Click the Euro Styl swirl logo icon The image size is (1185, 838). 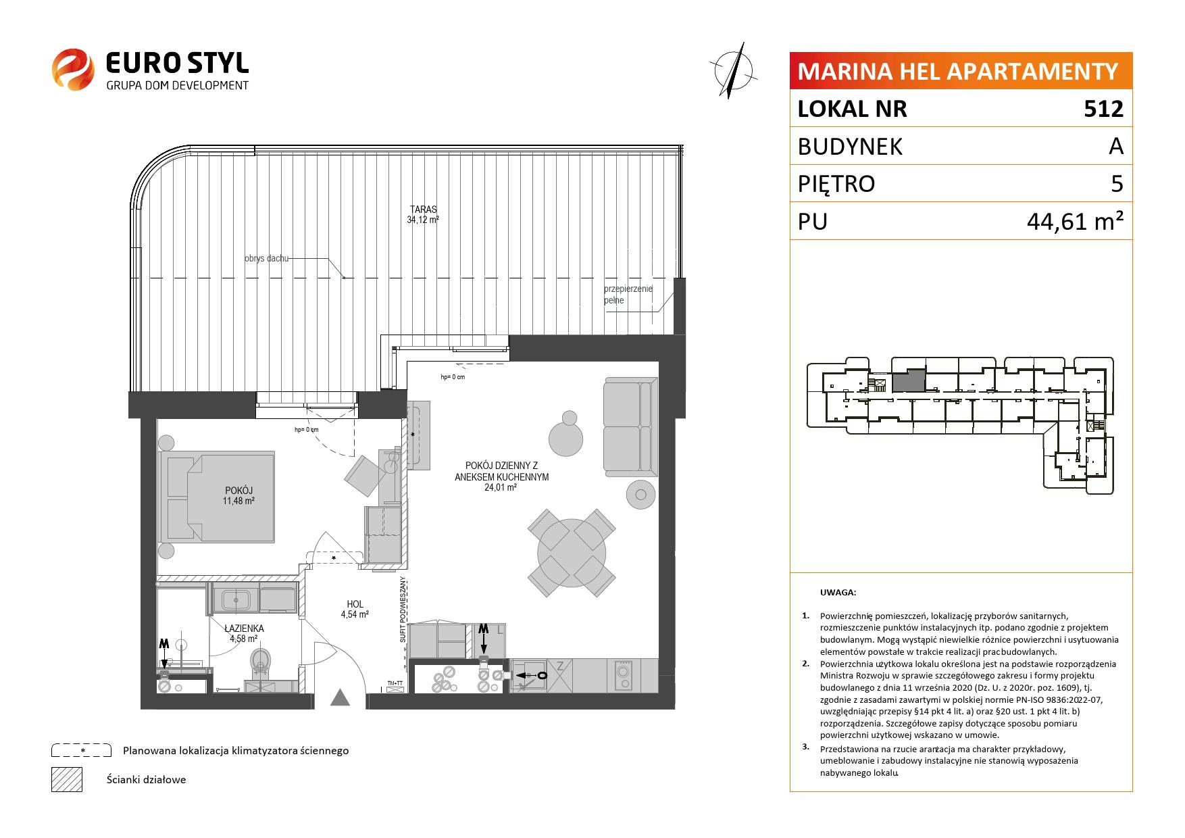pyautogui.click(x=72, y=69)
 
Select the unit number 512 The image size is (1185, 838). pyautogui.click(x=1103, y=109)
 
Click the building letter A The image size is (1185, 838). pyautogui.click(x=1116, y=146)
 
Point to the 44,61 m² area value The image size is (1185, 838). pyautogui.click(x=1075, y=221)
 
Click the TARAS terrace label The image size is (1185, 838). pyautogui.click(x=423, y=209)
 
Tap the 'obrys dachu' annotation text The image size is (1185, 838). pyautogui.click(x=267, y=258)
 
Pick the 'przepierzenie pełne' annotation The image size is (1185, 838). pyautogui.click(x=628, y=295)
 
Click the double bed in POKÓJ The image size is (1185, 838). pyautogui.click(x=217, y=497)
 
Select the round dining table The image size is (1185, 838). pyautogui.click(x=572, y=553)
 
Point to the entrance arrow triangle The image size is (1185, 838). pyautogui.click(x=341, y=697)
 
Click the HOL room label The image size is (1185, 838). pyautogui.click(x=355, y=605)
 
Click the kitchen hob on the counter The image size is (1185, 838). pyautogui.click(x=622, y=674)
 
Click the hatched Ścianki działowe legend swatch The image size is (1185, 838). pyautogui.click(x=67, y=779)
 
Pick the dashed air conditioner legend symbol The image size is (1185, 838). pyautogui.click(x=82, y=750)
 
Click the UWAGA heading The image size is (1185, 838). pyautogui.click(x=838, y=593)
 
